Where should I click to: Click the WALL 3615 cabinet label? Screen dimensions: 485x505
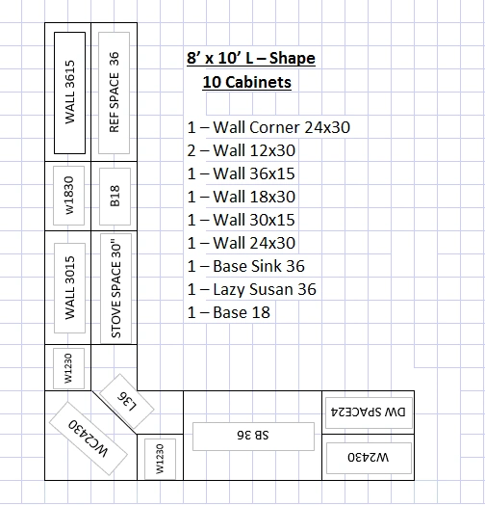[x=70, y=93]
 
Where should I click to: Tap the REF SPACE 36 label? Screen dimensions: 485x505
[x=115, y=93]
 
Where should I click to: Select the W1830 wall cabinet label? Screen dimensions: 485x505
[x=69, y=196]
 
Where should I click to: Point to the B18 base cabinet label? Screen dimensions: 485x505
[x=115, y=197]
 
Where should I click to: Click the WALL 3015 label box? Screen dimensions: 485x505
[x=70, y=288]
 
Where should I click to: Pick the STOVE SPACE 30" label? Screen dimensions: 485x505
[x=115, y=288]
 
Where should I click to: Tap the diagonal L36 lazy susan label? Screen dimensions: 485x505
[x=127, y=401]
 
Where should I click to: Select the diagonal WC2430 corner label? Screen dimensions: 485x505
[x=89, y=439]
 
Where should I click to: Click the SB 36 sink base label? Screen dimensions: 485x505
[x=253, y=437]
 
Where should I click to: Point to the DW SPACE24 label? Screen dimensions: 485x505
[x=369, y=412]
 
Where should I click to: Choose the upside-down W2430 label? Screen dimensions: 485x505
[x=369, y=458]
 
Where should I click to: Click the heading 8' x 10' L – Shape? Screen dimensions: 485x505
[x=251, y=58]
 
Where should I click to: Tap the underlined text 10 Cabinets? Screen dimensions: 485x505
[x=247, y=82]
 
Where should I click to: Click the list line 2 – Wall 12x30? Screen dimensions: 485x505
[x=242, y=150]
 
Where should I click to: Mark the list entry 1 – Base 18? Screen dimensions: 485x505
[x=229, y=312]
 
